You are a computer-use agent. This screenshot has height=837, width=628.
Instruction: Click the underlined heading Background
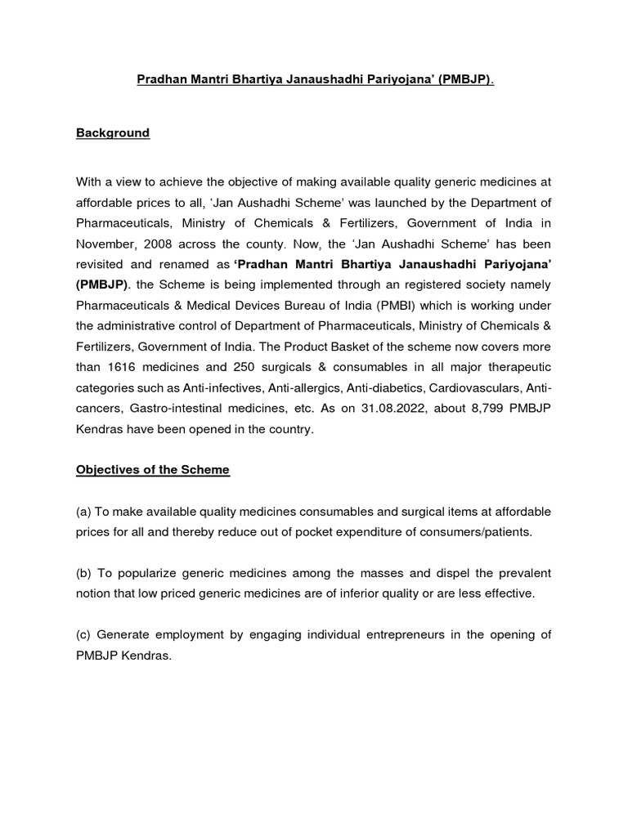tap(113, 133)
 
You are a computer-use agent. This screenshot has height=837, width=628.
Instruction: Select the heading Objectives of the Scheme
tap(153, 469)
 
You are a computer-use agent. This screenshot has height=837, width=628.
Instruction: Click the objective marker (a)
tap(83, 512)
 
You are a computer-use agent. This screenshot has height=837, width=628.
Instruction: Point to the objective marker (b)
tap(83, 574)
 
